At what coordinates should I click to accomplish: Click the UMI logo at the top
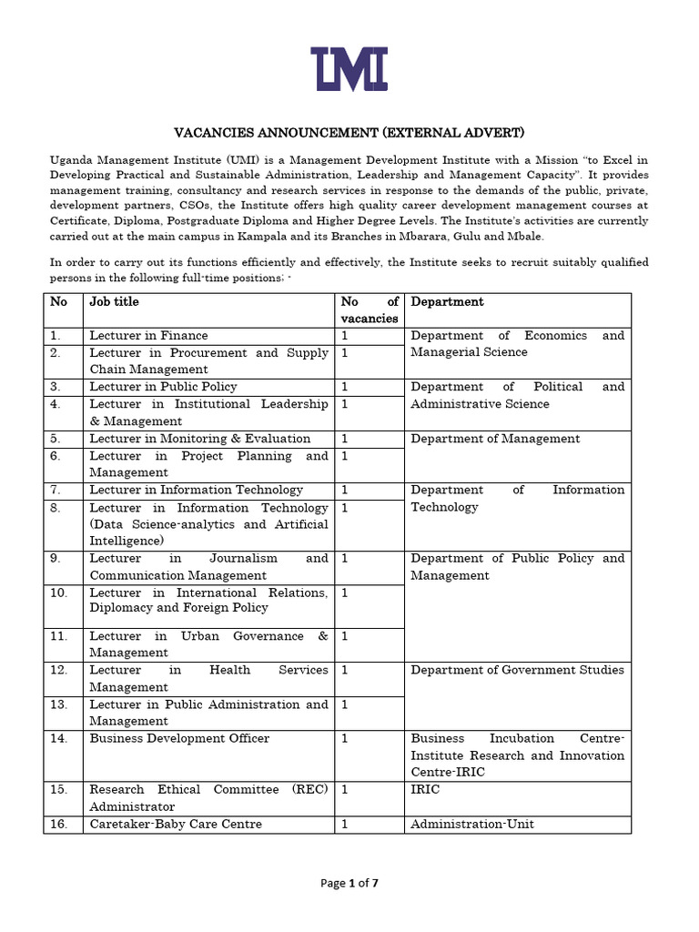[x=349, y=69]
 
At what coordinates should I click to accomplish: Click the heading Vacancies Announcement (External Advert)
[x=349, y=133]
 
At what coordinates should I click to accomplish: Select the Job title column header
[x=114, y=301]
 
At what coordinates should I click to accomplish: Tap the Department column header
[x=447, y=301]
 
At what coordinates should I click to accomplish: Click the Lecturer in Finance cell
[x=148, y=336]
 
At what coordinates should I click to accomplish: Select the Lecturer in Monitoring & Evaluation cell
[x=199, y=439]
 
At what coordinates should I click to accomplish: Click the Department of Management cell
[x=495, y=439]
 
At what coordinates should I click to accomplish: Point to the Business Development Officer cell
[x=179, y=738]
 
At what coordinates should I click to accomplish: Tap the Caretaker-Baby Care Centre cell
[x=176, y=824]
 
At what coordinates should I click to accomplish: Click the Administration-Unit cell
[x=472, y=824]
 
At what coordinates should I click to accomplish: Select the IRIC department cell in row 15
[x=425, y=789]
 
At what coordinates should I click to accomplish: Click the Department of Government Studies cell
[x=517, y=670]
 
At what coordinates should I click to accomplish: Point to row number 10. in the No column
[x=59, y=593]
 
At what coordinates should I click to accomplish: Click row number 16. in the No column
[x=59, y=824]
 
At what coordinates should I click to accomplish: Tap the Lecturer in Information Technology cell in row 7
[x=196, y=490]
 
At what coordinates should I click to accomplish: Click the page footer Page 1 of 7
[x=349, y=882]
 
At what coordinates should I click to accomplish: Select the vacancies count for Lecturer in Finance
[x=345, y=336]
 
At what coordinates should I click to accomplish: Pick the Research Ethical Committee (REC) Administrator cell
[x=208, y=797]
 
